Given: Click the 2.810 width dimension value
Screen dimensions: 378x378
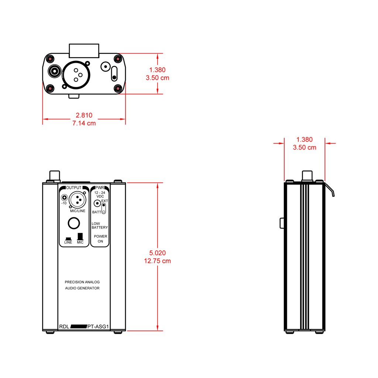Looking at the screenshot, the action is (x=84, y=115).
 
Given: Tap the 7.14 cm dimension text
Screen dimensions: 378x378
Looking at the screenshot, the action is (x=84, y=123).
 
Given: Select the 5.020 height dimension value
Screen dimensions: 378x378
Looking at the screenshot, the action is (x=157, y=253).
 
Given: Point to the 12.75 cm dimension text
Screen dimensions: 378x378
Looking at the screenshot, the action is (x=157, y=261).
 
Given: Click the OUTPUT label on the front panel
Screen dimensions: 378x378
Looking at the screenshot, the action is (x=74, y=188).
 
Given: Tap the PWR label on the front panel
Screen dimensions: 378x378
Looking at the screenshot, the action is (x=100, y=188).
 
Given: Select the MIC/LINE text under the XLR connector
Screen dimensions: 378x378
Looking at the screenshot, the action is (x=78, y=211).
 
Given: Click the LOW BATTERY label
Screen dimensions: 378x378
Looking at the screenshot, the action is (x=100, y=226).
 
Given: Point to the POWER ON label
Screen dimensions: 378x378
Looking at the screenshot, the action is (x=100, y=239).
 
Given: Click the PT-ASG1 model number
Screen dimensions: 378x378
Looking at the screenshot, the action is (x=98, y=327).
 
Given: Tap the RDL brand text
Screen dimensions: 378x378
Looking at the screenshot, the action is (x=64, y=327).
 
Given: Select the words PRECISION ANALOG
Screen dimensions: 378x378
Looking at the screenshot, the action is (x=82, y=282).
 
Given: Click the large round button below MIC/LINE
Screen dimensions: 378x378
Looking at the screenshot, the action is (x=74, y=223).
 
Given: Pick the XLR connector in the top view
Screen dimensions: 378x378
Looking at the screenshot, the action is (x=76, y=75).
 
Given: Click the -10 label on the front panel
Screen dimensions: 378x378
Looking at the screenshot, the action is (x=64, y=203).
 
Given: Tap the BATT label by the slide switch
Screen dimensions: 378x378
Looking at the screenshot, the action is (x=97, y=212).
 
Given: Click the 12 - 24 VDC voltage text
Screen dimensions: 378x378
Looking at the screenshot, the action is (x=100, y=195).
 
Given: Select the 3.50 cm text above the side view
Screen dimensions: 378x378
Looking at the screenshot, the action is (x=305, y=148).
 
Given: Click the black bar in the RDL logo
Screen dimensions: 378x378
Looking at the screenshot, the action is (x=79, y=326).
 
